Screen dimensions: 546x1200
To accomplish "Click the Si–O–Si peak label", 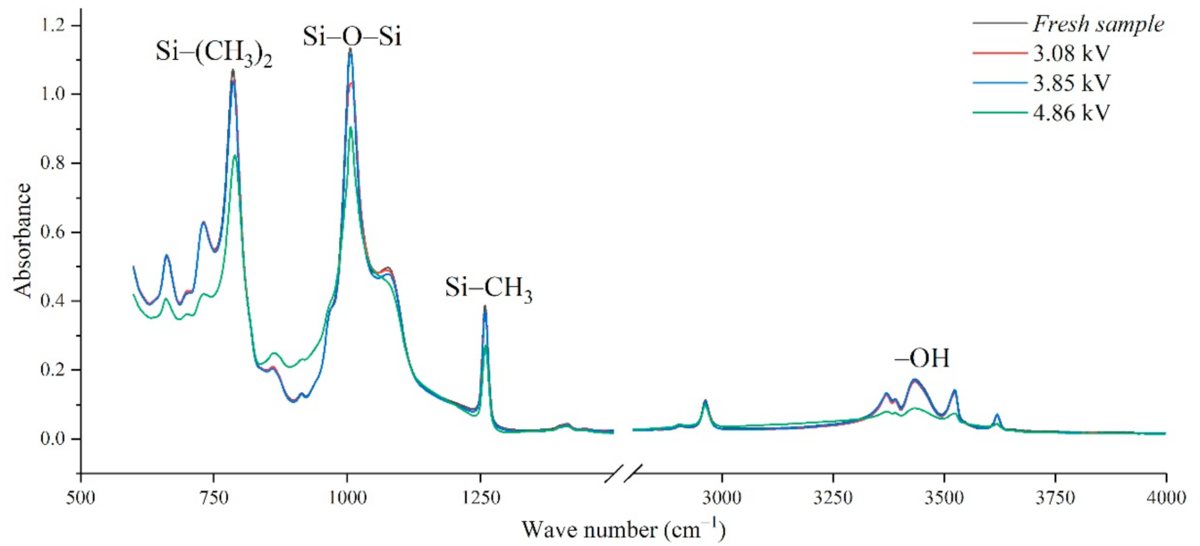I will (350, 37).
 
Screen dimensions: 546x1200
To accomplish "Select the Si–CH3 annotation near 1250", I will (489, 290).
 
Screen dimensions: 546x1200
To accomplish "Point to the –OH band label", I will (922, 359).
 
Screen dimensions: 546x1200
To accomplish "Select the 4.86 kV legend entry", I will (1080, 114).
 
